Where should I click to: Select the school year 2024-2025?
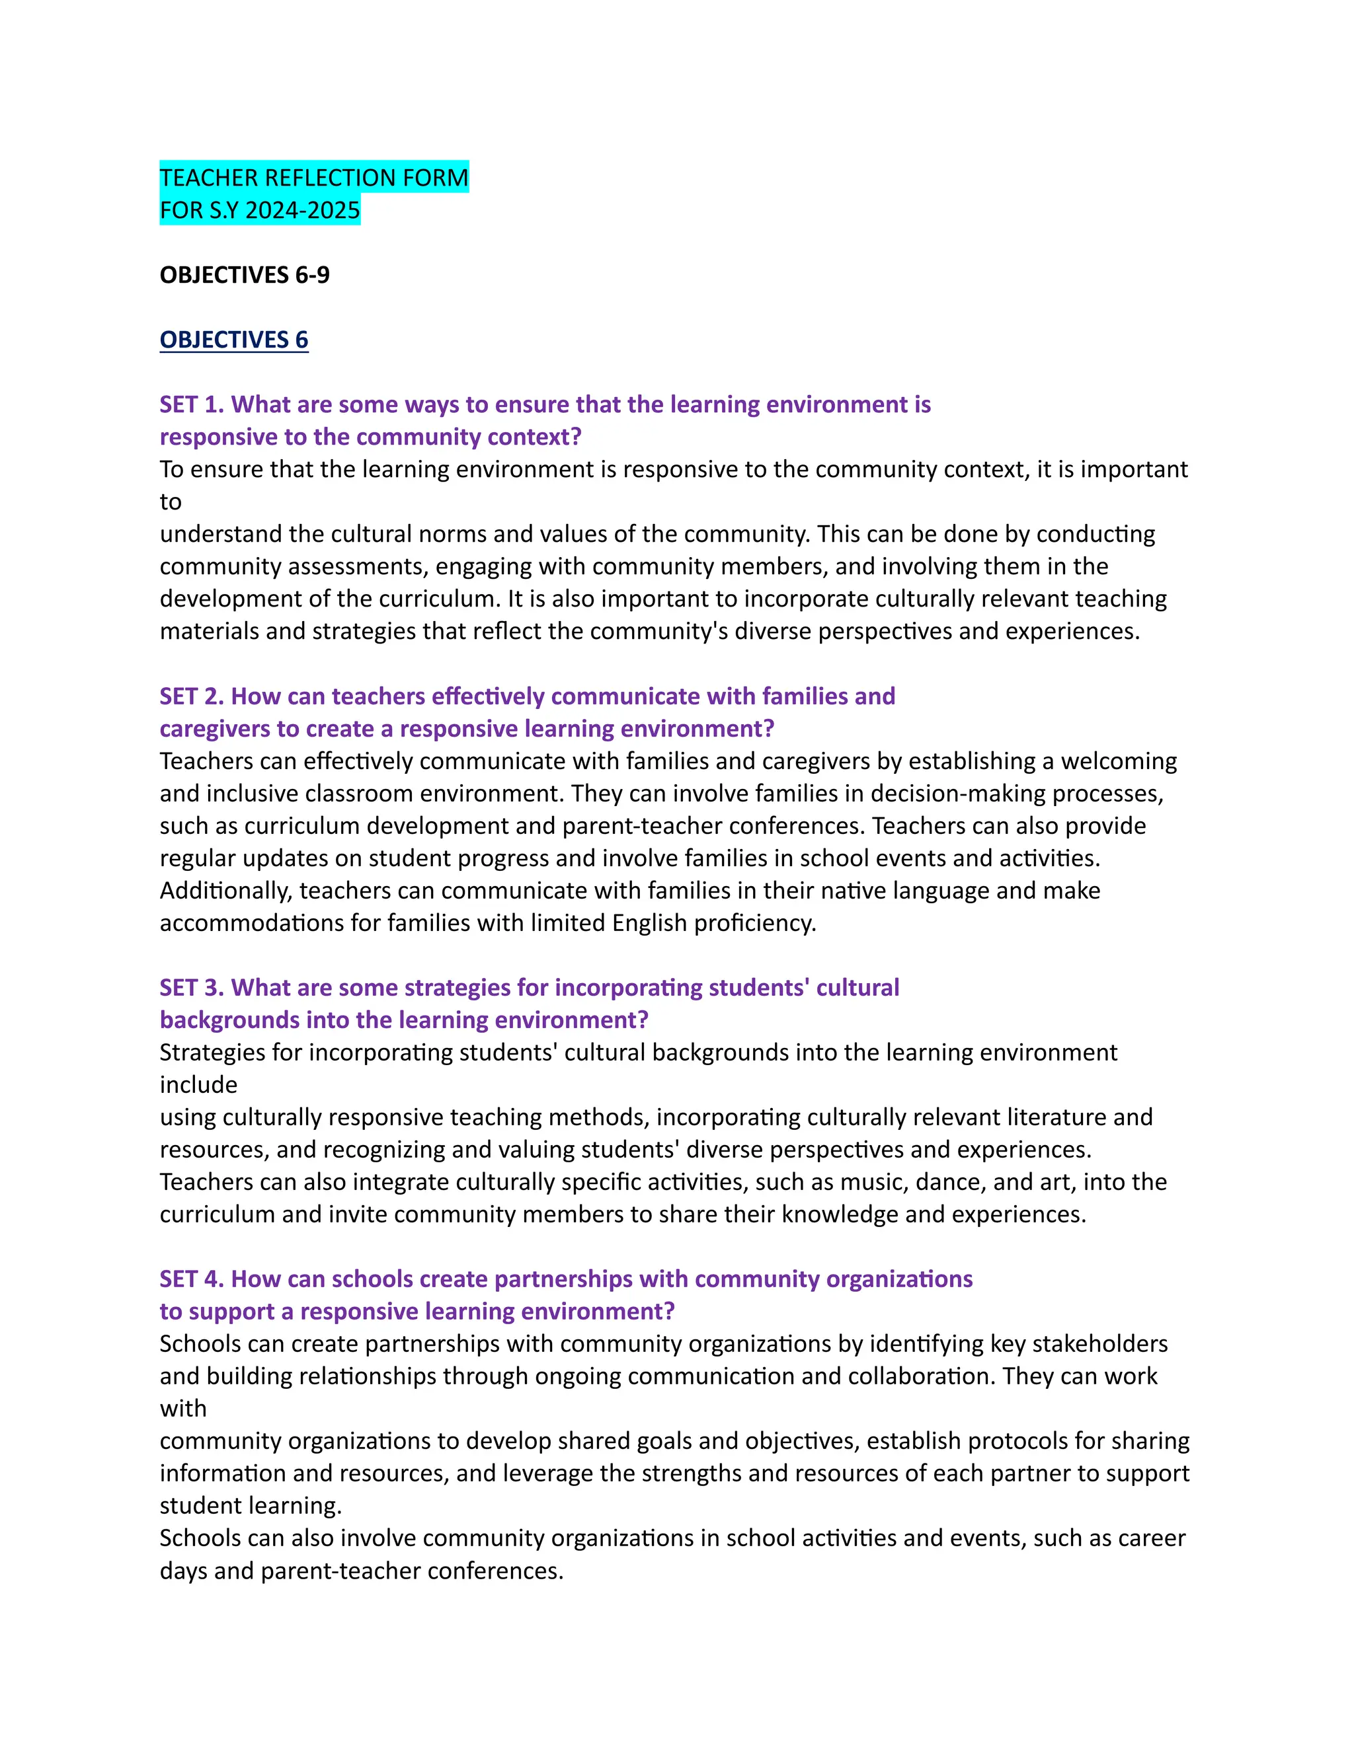point(302,210)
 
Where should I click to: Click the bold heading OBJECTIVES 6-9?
point(245,275)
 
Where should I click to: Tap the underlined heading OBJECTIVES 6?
point(233,340)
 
